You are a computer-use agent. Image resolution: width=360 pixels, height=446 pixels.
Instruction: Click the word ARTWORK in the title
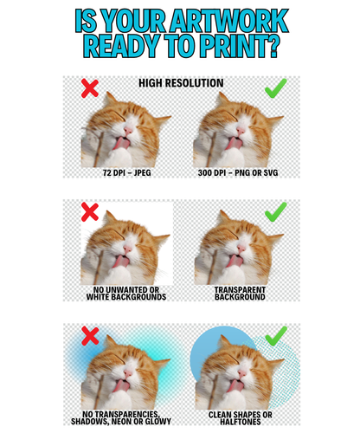229,21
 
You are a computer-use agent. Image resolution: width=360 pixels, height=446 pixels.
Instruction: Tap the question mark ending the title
271,46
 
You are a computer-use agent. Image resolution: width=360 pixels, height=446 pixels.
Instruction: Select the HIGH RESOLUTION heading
181,83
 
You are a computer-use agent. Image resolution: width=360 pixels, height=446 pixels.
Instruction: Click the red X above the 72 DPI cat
90,88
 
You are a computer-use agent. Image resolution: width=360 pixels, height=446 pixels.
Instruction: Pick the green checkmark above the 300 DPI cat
276,88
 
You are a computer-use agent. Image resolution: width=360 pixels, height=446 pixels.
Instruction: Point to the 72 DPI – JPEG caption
126,172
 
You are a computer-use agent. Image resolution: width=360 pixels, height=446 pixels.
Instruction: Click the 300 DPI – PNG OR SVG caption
238,172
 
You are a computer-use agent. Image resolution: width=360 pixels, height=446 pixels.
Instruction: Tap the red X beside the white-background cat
90,212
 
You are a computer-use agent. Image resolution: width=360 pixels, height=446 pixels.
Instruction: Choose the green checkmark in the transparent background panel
276,212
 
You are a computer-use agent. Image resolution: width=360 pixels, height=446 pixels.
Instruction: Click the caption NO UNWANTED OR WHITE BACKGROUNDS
126,294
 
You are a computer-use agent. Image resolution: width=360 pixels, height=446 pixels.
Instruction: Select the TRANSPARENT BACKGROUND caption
240,294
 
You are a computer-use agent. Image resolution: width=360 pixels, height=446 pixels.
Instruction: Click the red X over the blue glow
90,336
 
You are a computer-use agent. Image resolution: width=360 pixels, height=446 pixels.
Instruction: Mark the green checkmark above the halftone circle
276,336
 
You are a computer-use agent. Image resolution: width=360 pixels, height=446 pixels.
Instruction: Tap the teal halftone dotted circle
288,375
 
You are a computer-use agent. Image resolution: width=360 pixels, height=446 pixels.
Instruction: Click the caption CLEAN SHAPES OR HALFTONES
240,418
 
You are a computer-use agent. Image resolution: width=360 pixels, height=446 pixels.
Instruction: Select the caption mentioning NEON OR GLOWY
121,417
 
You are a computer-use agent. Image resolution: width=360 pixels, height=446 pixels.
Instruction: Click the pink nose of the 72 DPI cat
128,131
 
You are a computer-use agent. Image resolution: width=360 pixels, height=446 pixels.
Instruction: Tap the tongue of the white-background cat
120,261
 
